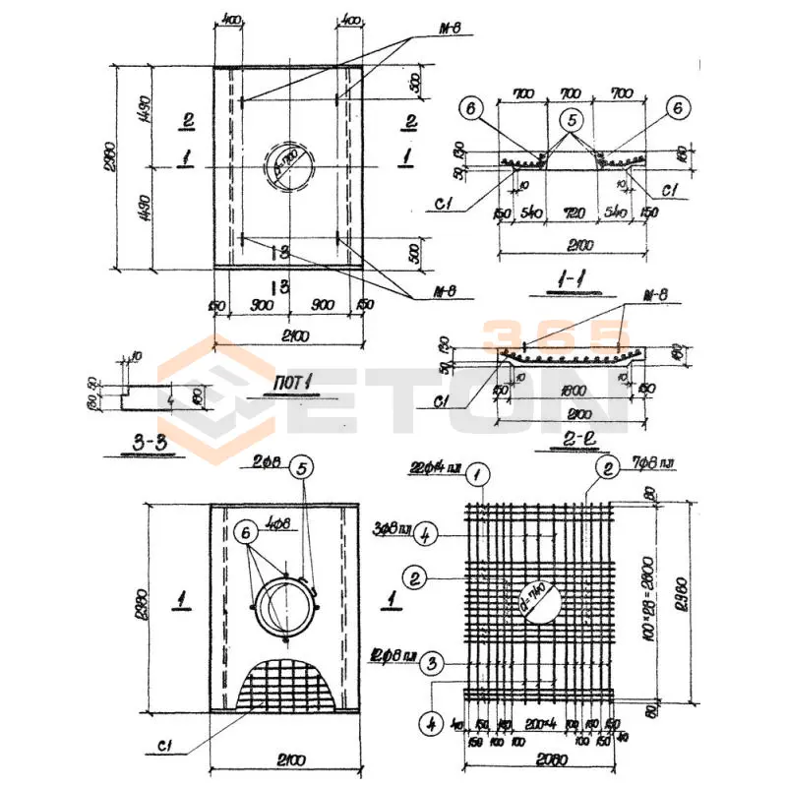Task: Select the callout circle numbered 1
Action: pos(479,476)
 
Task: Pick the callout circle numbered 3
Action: pos(430,664)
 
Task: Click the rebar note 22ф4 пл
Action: pos(437,469)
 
